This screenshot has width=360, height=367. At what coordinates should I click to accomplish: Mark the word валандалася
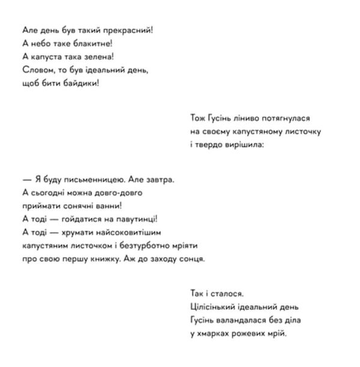point(242,321)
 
